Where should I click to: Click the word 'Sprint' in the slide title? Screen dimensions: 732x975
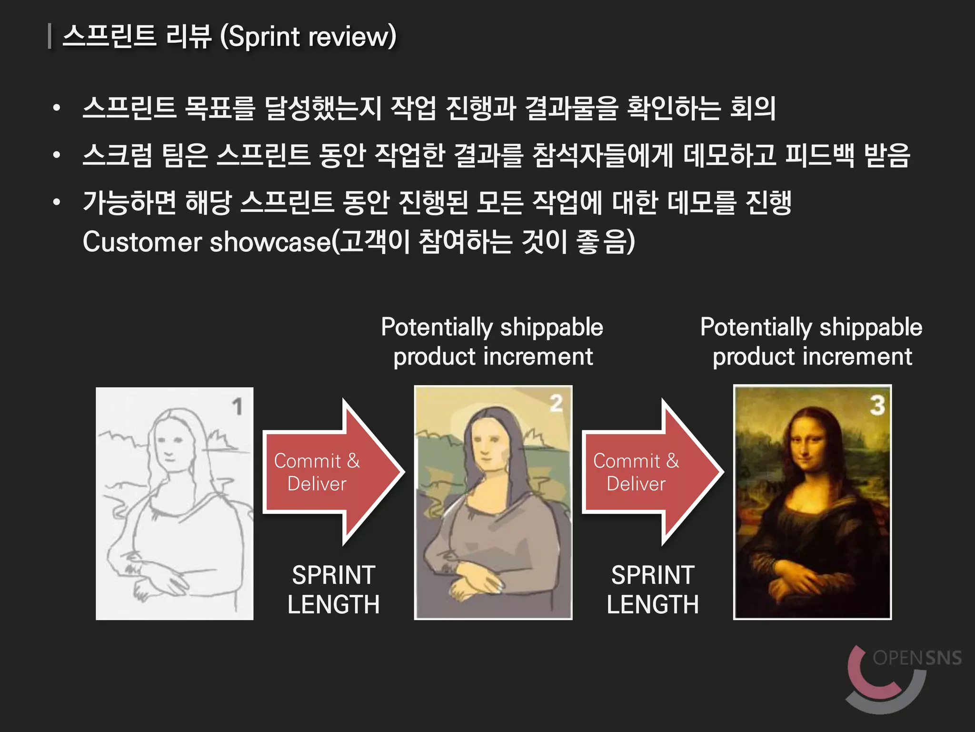pos(264,37)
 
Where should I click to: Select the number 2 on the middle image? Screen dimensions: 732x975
pos(556,403)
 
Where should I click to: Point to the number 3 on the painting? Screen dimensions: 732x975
pos(877,405)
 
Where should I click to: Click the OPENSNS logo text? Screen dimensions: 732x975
pos(917,658)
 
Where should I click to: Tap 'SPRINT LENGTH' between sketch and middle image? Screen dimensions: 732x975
pos(333,590)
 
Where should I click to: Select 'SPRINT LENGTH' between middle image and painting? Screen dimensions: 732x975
pos(652,590)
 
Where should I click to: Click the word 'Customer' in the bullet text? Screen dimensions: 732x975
pos(142,242)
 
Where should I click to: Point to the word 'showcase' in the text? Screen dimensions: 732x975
pos(270,242)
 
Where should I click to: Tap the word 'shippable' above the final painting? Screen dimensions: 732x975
pos(871,327)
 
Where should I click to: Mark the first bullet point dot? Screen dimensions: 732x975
pos(57,108)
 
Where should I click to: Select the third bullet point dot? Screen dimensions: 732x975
pos(57,202)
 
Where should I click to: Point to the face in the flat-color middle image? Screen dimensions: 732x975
pos(486,446)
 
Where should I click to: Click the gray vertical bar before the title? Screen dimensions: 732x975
pos(50,37)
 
